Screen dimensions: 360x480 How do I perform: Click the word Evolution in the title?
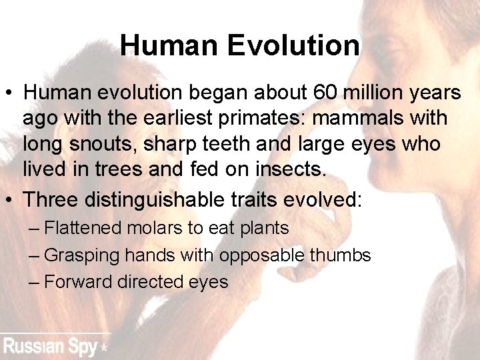293,46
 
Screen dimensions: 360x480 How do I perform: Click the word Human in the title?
170,46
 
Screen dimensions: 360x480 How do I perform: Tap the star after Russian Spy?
103,348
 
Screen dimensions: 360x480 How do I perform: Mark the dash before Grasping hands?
35,255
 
